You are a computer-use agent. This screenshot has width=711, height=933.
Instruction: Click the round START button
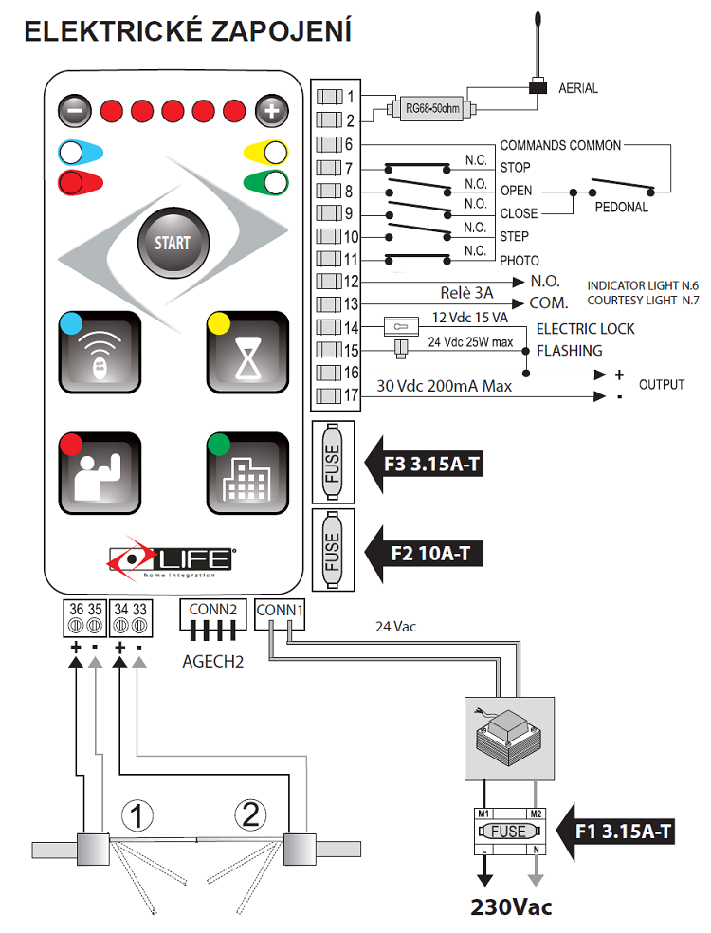click(172, 242)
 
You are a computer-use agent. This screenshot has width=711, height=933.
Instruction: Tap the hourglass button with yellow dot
click(246, 353)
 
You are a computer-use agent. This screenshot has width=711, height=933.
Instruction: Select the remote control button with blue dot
click(99, 353)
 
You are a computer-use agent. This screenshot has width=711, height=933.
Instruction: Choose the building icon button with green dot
click(246, 474)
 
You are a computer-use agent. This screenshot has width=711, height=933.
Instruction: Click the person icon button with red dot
click(99, 474)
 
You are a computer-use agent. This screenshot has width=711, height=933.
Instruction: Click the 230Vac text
click(511, 906)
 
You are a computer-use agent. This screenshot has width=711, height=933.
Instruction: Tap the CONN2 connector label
click(212, 611)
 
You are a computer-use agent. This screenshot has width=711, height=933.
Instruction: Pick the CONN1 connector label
click(280, 611)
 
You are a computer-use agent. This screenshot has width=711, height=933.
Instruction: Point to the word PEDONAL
click(621, 207)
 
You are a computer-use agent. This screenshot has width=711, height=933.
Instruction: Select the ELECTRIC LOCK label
click(585, 329)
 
